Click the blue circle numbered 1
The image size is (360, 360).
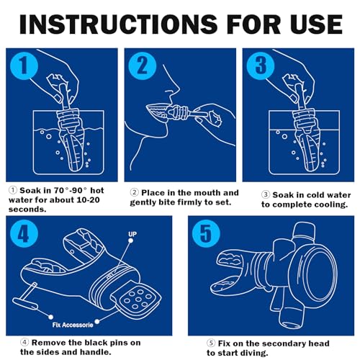(x=24, y=66)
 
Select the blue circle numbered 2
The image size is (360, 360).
(x=143, y=66)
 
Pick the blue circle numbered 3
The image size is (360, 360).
(x=261, y=66)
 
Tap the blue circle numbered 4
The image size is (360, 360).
(x=24, y=233)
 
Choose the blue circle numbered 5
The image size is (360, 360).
(x=206, y=233)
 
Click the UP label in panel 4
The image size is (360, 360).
(x=132, y=234)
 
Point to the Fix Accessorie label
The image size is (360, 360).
(x=73, y=325)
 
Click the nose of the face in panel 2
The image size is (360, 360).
(x=175, y=88)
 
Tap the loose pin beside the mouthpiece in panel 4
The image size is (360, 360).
(x=25, y=299)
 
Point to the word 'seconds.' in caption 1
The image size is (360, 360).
(x=27, y=210)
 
